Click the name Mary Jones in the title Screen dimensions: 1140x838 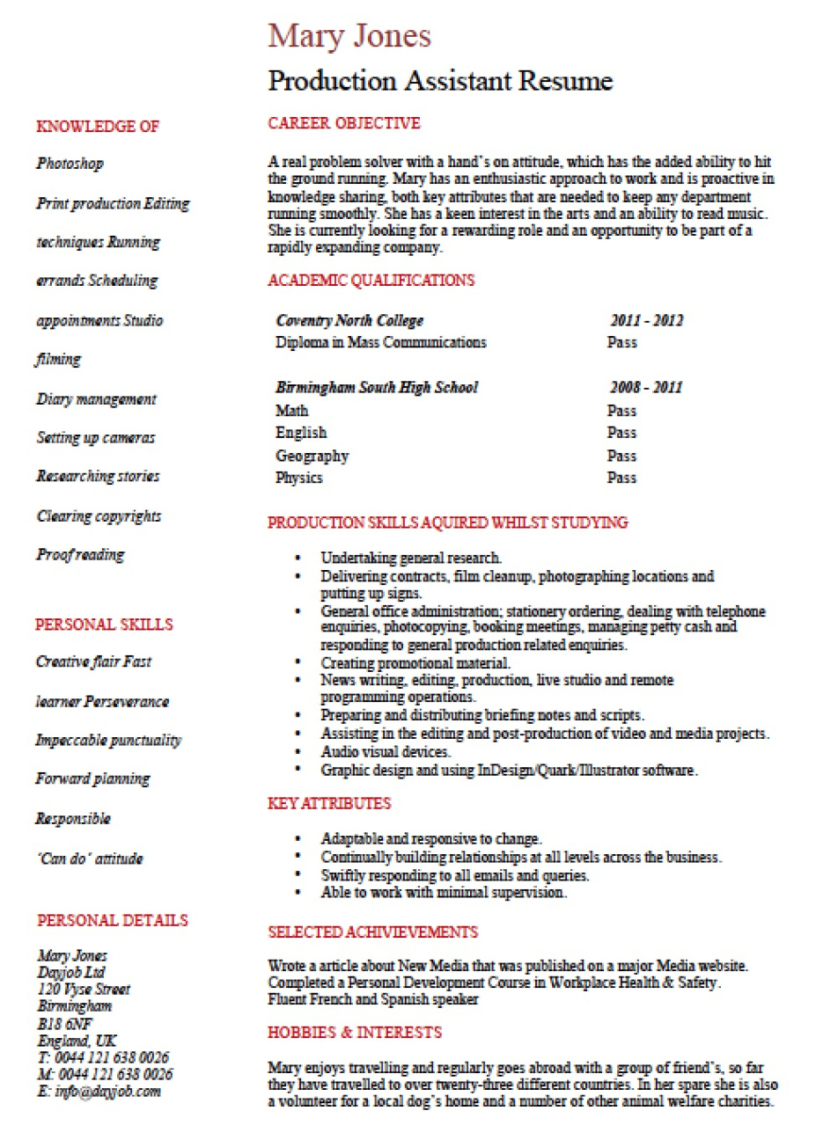349,36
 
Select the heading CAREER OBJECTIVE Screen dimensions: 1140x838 344,123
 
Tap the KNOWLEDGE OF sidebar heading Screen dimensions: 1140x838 98,127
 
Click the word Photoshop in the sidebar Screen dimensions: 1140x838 70,164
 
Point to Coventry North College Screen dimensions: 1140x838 349,321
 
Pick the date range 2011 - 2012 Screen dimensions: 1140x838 646,321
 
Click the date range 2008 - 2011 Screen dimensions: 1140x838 646,388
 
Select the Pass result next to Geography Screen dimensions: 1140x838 621,456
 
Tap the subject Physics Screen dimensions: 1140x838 299,478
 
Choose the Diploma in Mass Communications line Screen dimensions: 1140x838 380,342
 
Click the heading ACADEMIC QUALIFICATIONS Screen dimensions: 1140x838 371,281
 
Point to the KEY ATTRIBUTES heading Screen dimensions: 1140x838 329,803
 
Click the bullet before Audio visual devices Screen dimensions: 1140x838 300,752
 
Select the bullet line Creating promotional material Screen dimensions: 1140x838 415,663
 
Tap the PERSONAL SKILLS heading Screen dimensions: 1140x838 104,625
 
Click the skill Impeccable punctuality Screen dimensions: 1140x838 108,741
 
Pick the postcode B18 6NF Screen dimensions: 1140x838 64,1024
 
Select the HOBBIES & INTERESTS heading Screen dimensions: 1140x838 355,1032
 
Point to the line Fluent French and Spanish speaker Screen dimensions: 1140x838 373,999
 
